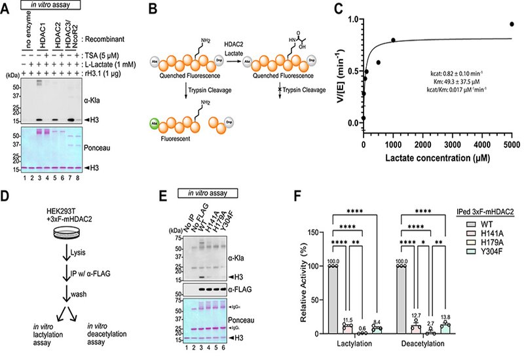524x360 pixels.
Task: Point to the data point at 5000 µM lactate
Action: click(512, 24)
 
